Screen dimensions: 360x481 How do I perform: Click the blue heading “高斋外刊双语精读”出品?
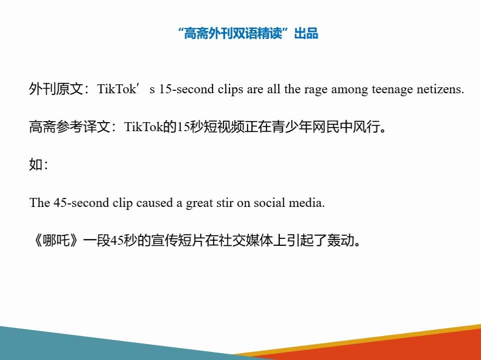tap(248, 34)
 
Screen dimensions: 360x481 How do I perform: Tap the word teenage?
tap(391, 90)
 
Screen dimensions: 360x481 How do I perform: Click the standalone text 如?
tap(38, 165)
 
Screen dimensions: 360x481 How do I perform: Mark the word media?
tap(308, 203)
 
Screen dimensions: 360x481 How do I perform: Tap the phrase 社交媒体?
tap(237, 241)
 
